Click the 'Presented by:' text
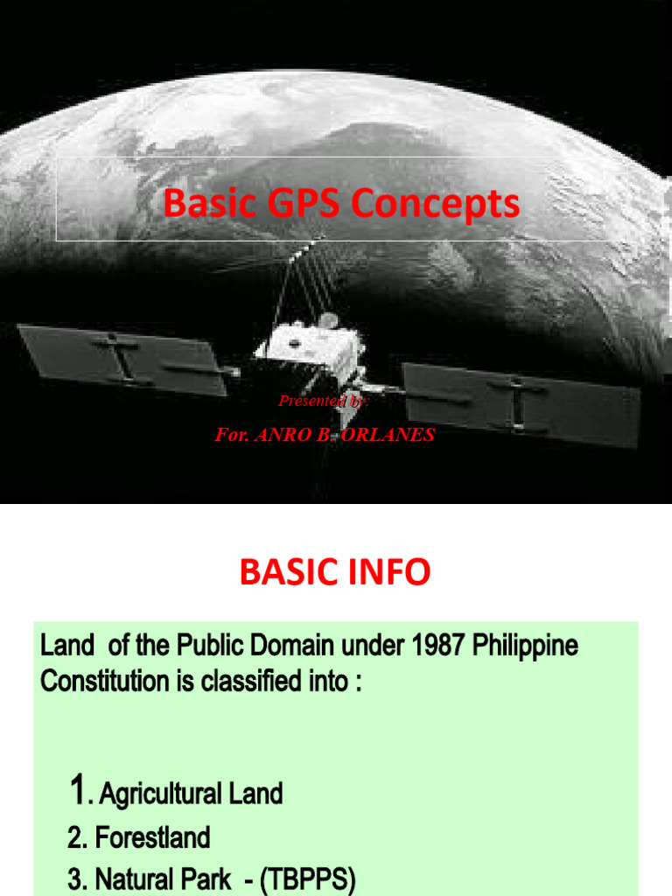click(x=324, y=401)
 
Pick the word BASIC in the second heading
click(x=286, y=573)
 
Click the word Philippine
click(x=528, y=647)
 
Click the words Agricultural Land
click(x=191, y=794)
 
